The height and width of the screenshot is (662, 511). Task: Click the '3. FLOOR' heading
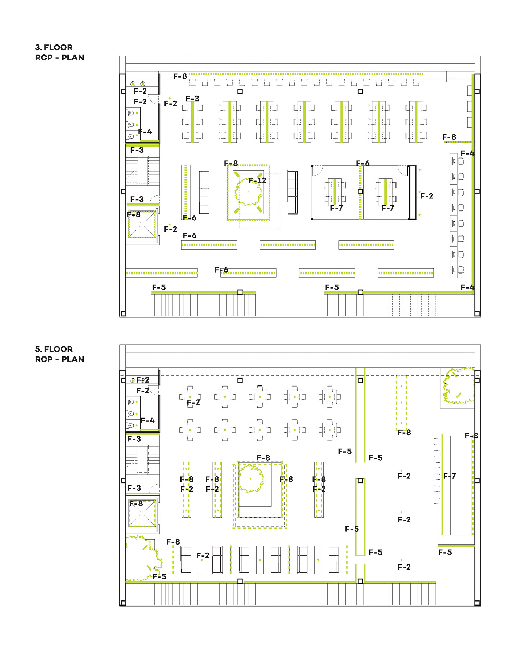tap(54, 48)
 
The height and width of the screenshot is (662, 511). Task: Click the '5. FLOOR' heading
tap(54, 349)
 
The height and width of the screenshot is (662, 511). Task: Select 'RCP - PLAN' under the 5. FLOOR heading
tap(60, 359)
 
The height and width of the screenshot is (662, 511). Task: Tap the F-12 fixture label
tap(257, 181)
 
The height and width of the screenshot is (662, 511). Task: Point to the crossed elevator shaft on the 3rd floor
tap(142, 225)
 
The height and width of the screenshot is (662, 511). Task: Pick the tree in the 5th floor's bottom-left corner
tap(143, 559)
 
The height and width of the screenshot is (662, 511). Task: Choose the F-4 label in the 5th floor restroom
tap(147, 421)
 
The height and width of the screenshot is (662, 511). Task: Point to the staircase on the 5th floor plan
tap(142, 459)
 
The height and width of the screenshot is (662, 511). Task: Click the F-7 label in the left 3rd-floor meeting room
tap(336, 208)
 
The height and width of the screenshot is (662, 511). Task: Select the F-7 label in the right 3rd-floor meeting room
tap(388, 208)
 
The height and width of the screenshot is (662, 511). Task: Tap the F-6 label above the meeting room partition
tap(363, 164)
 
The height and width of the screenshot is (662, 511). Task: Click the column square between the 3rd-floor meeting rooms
tap(360, 192)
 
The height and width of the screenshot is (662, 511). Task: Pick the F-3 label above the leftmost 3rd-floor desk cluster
tap(192, 99)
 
